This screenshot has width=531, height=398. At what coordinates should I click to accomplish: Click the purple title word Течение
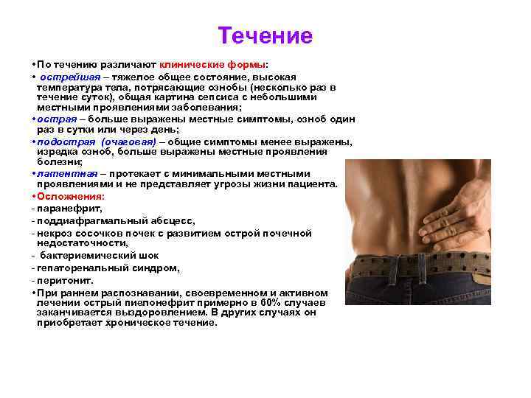(265, 35)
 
